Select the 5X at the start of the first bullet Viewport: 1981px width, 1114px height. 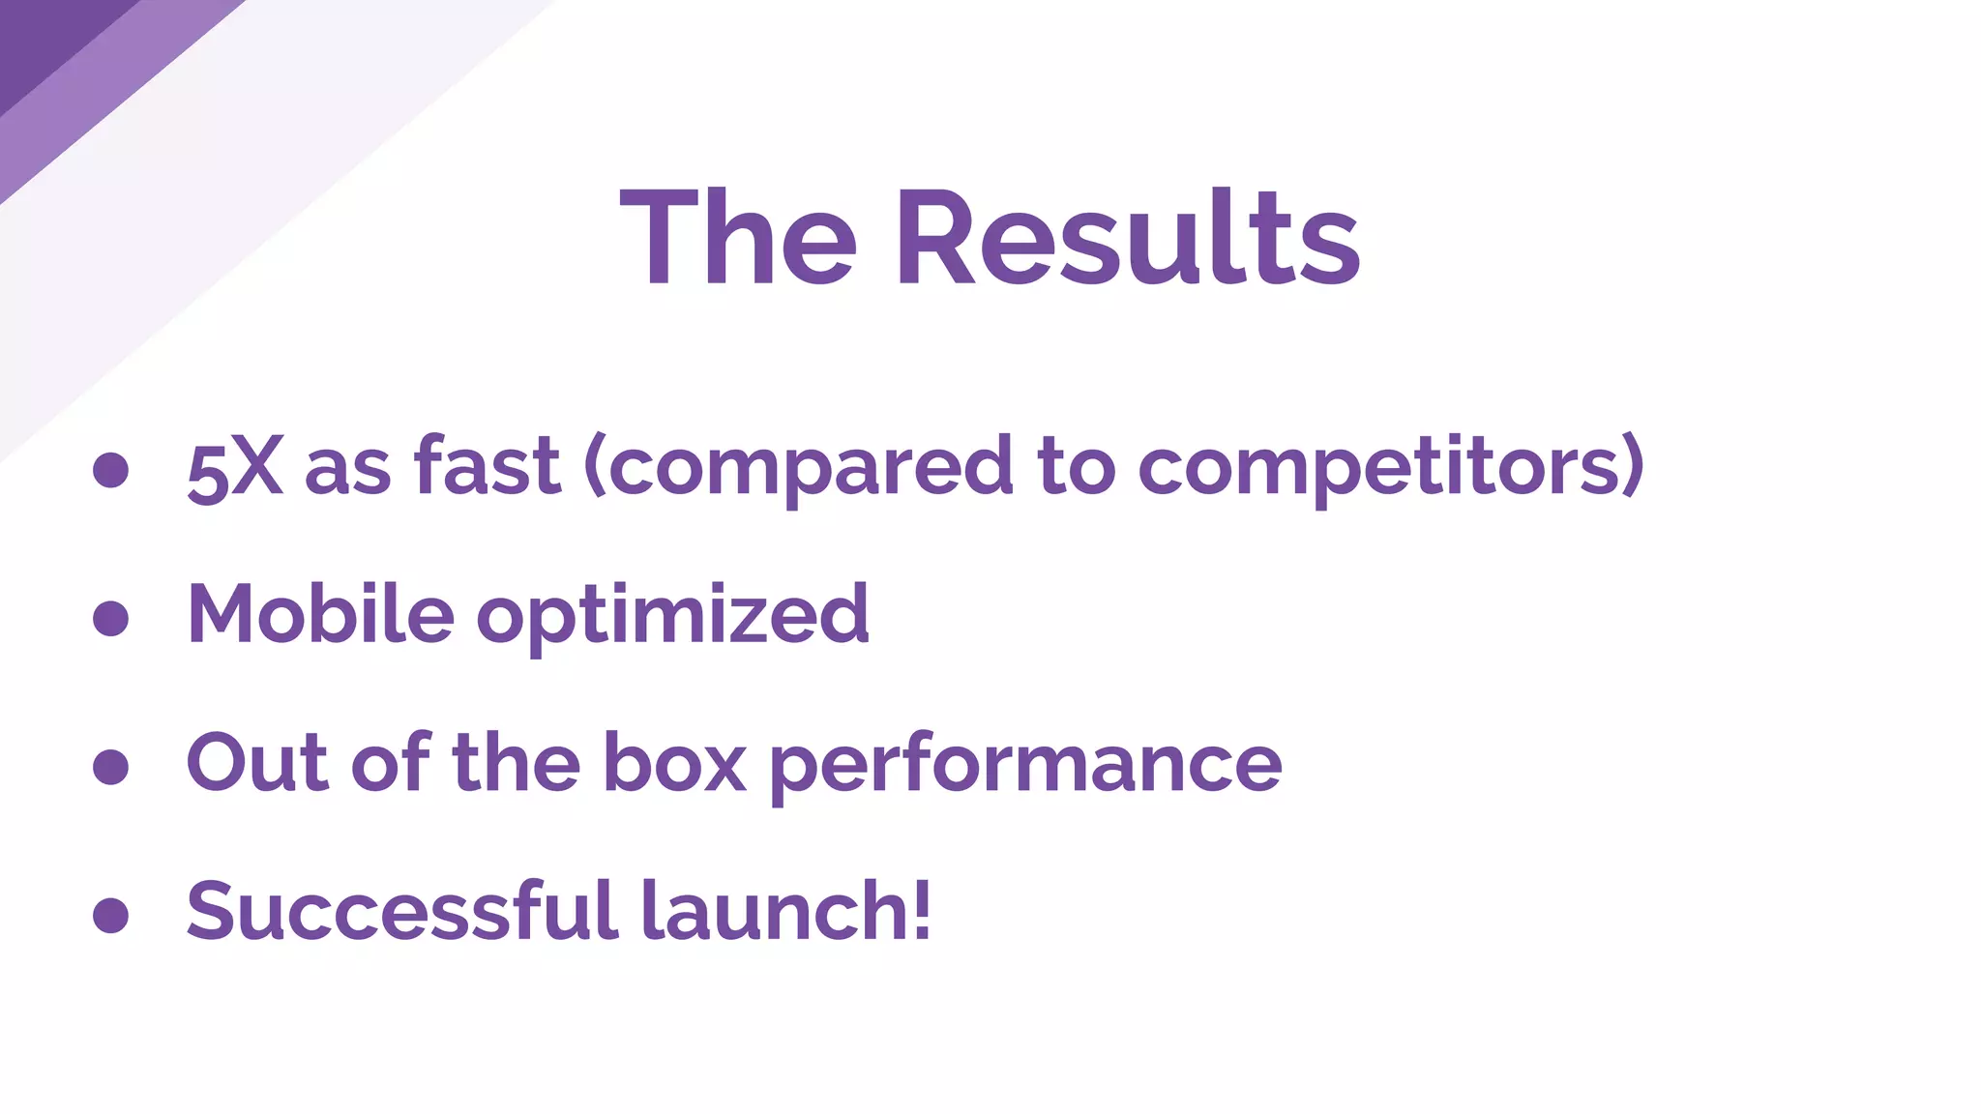(235, 470)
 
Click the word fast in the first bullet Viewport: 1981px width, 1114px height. (487, 466)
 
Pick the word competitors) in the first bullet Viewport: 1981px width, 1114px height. (1390, 468)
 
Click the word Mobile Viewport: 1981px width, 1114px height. (320, 614)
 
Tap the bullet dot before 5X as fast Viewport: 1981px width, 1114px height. (111, 470)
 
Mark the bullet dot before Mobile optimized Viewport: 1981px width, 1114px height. (111, 619)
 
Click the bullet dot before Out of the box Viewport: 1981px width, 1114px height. (111, 767)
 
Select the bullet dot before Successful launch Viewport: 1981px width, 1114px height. (111, 915)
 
